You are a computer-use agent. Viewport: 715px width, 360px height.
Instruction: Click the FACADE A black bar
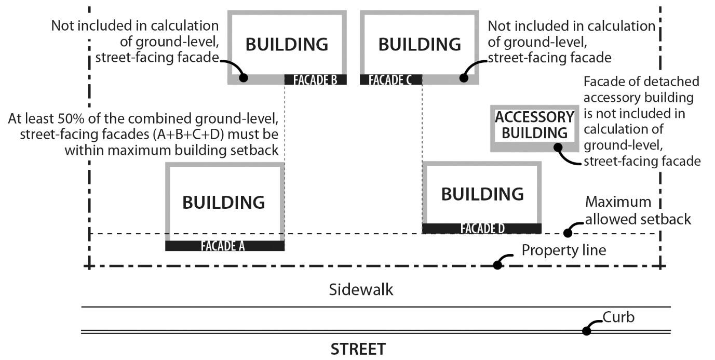point(224,246)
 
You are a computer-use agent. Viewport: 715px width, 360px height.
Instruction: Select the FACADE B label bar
point(315,79)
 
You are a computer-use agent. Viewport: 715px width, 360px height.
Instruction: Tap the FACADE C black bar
point(390,79)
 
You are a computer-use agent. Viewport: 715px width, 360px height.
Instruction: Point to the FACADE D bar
point(482,229)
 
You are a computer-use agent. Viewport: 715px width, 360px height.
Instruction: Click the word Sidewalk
point(361,289)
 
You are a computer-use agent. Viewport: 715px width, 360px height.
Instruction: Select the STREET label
point(358,349)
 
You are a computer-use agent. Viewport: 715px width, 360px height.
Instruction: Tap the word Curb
point(618,317)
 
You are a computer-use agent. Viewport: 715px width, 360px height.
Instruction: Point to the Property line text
point(563,250)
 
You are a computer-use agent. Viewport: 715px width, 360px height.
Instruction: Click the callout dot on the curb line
point(587,330)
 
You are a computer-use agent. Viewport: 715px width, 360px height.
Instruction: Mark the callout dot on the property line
point(497,264)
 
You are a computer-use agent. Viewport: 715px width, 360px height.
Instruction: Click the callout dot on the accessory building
point(558,147)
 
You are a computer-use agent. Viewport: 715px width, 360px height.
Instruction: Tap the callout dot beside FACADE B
point(243,78)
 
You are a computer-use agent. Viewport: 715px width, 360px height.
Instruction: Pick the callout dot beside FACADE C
point(464,78)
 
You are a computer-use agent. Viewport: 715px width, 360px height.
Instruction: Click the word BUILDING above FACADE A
point(223,202)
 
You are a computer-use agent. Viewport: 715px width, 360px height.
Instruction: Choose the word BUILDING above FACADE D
point(482,194)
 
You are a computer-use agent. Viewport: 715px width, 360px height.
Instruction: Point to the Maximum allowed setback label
point(638,210)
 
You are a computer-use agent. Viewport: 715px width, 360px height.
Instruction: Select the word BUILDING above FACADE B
point(287,44)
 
